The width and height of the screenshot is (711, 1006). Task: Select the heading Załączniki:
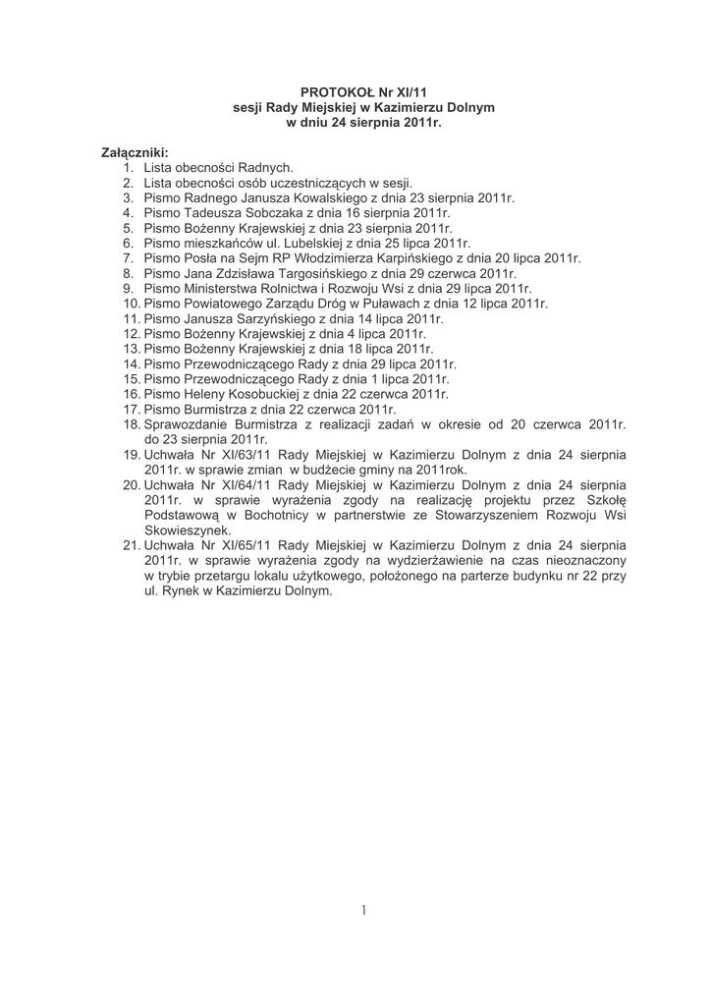coord(136,153)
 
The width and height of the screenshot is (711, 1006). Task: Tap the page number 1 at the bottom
coord(362,911)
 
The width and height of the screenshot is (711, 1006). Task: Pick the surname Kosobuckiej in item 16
coord(272,394)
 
